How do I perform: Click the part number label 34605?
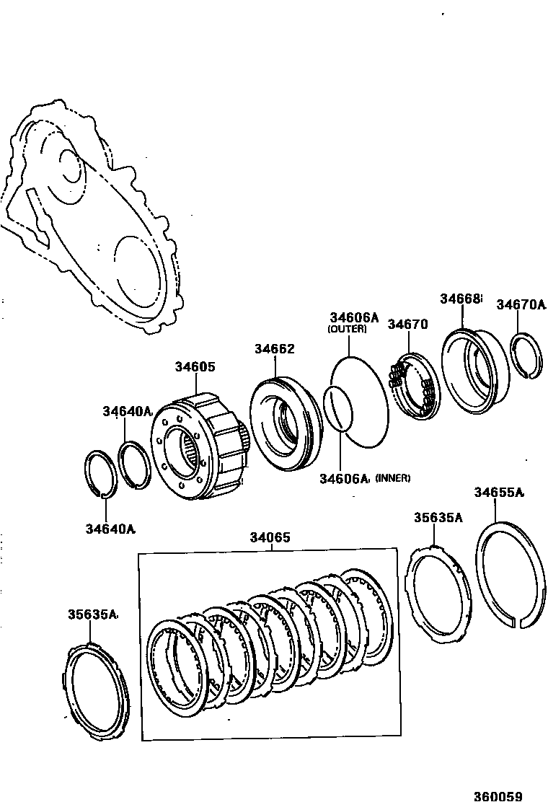(x=195, y=367)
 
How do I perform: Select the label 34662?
(x=274, y=349)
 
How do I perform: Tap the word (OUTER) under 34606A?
(x=347, y=329)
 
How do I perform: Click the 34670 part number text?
(x=407, y=325)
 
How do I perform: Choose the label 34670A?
(x=521, y=305)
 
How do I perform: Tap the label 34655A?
(x=498, y=493)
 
